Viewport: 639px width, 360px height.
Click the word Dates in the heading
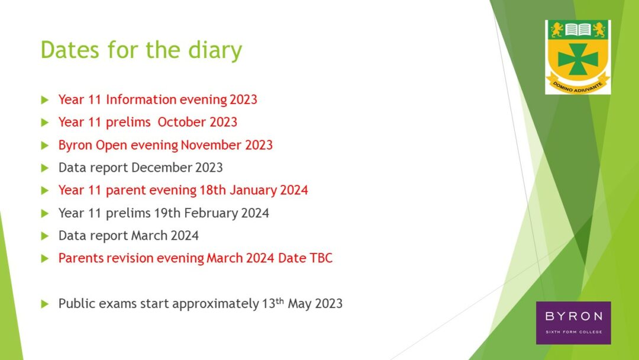(x=70, y=49)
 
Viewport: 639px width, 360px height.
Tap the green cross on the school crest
(x=578, y=60)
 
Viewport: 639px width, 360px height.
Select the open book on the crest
(x=578, y=30)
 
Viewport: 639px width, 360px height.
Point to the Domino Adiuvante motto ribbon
(x=578, y=85)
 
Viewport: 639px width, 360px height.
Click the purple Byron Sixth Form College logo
(x=573, y=323)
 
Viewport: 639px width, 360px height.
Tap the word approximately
(x=215, y=304)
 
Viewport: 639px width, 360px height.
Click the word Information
(x=141, y=99)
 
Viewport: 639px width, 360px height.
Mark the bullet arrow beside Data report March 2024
(x=45, y=236)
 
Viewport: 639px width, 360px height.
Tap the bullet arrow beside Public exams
(x=45, y=304)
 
